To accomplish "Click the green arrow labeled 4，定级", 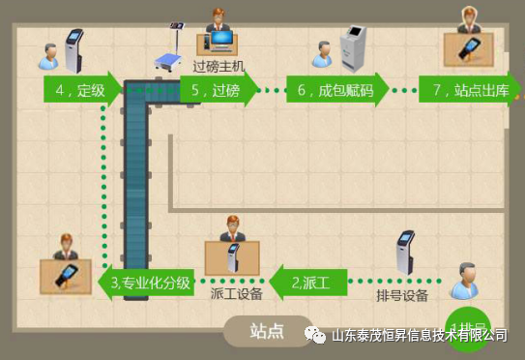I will (x=80, y=91).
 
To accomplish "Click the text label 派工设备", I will (x=236, y=294).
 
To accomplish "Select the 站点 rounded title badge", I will (x=267, y=331).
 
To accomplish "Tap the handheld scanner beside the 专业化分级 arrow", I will (x=66, y=277).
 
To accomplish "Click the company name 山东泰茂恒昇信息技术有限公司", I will (x=420, y=335).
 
